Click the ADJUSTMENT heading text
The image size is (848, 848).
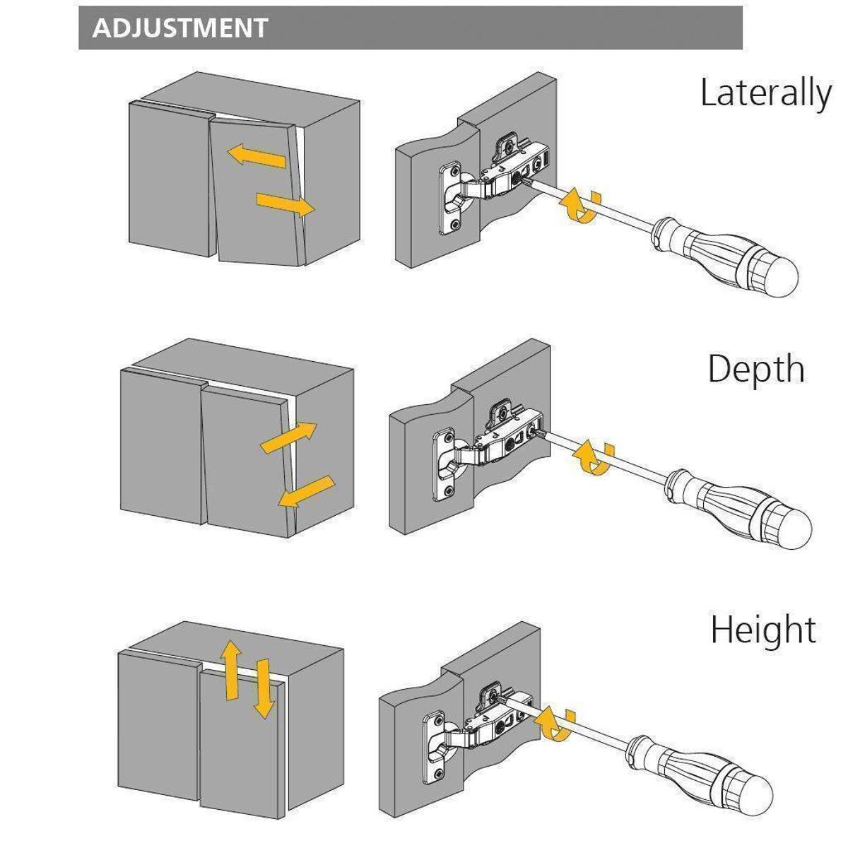179,28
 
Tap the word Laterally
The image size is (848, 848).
766,93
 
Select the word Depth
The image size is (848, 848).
755,369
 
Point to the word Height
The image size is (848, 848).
763,629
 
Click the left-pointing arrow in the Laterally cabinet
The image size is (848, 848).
256,155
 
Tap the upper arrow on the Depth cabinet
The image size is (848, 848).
289,437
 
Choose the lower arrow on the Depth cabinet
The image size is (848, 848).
305,491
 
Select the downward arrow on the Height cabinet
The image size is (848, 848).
263,688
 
